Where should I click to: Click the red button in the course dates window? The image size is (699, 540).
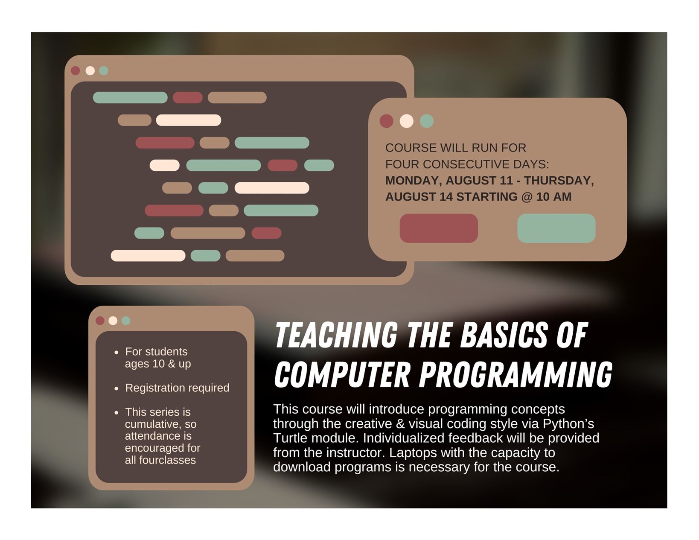pyautogui.click(x=438, y=228)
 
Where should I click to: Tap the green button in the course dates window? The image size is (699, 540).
pyautogui.click(x=556, y=228)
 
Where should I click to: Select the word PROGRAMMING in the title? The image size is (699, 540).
pyautogui.click(x=516, y=374)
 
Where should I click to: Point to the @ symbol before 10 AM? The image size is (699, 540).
pyautogui.click(x=527, y=197)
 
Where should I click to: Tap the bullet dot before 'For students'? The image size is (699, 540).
pyautogui.click(x=116, y=353)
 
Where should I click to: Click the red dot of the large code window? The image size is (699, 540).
pyautogui.click(x=75, y=70)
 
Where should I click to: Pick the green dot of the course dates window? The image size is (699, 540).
pyautogui.click(x=427, y=121)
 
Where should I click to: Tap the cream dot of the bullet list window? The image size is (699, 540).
pyautogui.click(x=113, y=320)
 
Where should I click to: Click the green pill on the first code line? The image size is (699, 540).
pyautogui.click(x=130, y=97)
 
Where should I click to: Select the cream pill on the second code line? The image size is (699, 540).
pyautogui.click(x=189, y=120)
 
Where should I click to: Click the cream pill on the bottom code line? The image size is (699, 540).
pyautogui.click(x=148, y=256)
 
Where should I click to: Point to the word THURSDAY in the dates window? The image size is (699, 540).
pyautogui.click(x=559, y=181)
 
